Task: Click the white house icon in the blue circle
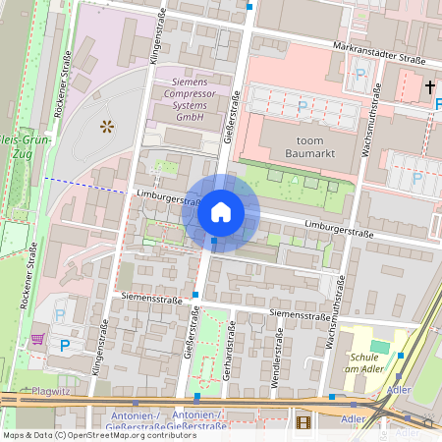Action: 221,212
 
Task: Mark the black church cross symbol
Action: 430,88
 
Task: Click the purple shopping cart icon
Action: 37,339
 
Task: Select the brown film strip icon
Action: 302,422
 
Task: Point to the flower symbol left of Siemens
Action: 107,126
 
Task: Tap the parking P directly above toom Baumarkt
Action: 303,105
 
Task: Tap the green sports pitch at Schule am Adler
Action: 379,347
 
